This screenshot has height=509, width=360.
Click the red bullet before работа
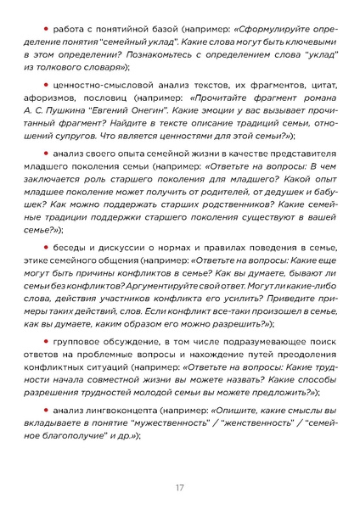46,29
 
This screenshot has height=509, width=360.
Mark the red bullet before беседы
46,252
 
